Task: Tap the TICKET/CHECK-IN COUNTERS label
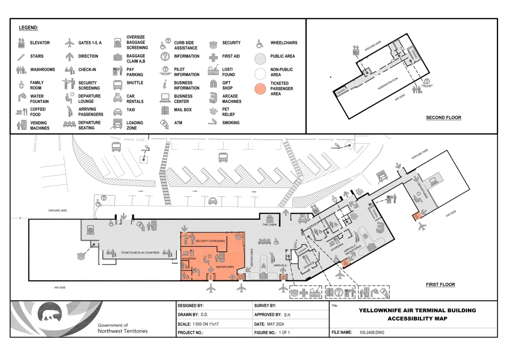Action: click(x=140, y=253)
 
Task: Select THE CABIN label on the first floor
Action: click(x=269, y=225)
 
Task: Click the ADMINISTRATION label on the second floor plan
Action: click(x=388, y=83)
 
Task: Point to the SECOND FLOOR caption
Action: click(x=443, y=118)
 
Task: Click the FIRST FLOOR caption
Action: click(x=440, y=285)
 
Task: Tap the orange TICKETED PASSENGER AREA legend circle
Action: click(x=261, y=89)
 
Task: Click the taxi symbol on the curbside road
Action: click(x=212, y=201)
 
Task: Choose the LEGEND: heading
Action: click(x=28, y=28)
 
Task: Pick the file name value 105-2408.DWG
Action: click(x=372, y=332)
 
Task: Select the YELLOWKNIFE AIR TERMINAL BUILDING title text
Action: click(x=417, y=310)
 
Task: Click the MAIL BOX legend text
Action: click(x=182, y=109)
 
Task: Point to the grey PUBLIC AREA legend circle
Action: click(x=261, y=59)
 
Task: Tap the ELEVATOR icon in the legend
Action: click(x=21, y=43)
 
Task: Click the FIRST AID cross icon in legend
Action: click(x=213, y=57)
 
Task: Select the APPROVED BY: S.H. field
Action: click(x=272, y=315)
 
